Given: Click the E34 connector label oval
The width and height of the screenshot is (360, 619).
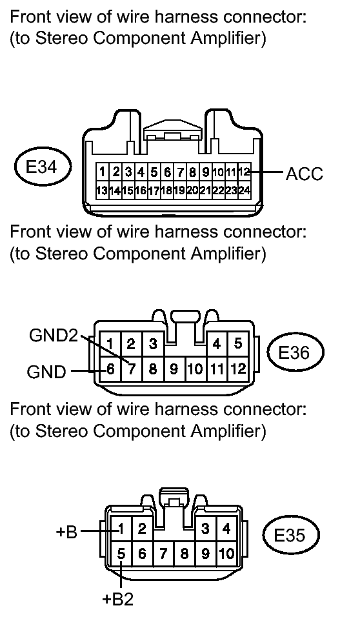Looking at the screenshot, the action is (x=43, y=167).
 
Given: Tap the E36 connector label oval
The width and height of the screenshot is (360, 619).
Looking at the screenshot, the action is (x=295, y=352).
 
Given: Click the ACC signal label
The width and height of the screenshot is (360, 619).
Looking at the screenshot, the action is (x=304, y=174).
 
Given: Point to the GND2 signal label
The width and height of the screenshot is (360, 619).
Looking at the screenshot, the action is (x=54, y=336).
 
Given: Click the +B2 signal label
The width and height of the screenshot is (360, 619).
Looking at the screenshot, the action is (x=117, y=599).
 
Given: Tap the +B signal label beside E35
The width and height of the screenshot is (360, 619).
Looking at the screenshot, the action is (x=66, y=532).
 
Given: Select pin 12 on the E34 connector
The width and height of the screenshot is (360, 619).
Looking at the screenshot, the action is (x=245, y=172).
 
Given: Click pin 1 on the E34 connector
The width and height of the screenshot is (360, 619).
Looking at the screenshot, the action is (x=102, y=172).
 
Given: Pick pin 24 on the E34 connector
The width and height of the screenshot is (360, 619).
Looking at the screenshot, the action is (x=245, y=190).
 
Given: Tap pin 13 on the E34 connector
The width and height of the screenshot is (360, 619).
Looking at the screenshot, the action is (x=102, y=190).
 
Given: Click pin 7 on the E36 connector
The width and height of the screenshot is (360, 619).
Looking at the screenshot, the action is (x=132, y=369).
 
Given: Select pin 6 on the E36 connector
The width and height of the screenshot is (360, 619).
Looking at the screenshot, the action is (x=110, y=369).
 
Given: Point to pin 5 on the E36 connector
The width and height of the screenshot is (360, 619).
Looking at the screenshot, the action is (x=237, y=343).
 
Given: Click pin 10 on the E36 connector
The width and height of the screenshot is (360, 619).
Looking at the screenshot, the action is (x=195, y=369).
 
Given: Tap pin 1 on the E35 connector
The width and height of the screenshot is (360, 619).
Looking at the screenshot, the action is (x=121, y=528).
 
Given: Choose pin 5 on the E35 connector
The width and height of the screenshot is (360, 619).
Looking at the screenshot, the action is (x=121, y=554).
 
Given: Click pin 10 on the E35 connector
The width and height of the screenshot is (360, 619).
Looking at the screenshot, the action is (x=226, y=554).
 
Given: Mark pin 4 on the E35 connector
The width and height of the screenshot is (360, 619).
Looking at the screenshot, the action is (x=226, y=528).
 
